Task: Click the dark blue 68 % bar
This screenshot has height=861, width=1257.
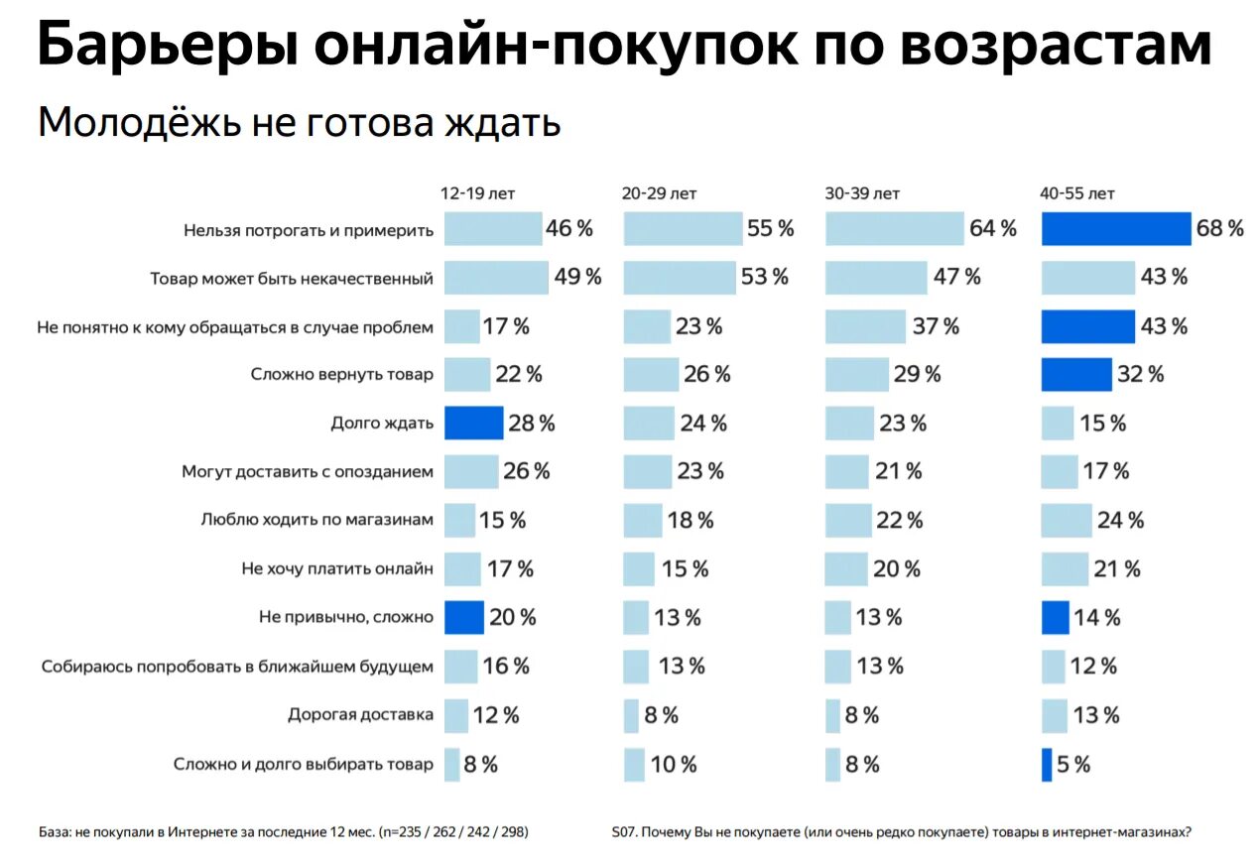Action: click(x=1115, y=229)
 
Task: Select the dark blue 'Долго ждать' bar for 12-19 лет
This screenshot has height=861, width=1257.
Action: click(x=473, y=424)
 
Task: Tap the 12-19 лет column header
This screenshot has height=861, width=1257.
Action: click(x=478, y=193)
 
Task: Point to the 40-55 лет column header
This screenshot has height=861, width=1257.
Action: click(x=1078, y=193)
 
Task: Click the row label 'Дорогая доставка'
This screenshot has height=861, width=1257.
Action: click(x=360, y=714)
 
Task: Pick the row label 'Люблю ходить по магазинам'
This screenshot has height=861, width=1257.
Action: click(x=316, y=519)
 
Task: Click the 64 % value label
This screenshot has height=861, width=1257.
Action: click(x=993, y=229)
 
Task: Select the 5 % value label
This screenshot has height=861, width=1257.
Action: click(x=1073, y=764)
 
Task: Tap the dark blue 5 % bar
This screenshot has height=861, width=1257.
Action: click(x=1047, y=764)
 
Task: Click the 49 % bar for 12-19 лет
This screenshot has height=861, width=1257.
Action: click(x=496, y=278)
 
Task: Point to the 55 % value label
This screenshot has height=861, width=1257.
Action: click(x=771, y=229)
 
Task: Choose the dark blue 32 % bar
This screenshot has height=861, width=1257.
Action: click(x=1076, y=375)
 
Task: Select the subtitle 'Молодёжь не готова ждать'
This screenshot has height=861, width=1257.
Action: click(x=299, y=124)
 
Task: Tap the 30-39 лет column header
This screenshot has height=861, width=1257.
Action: click(x=862, y=193)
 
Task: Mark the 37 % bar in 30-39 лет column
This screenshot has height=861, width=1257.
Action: click(x=865, y=326)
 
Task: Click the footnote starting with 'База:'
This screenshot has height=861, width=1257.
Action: click(x=283, y=832)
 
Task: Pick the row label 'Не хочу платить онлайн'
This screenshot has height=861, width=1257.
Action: click(x=337, y=568)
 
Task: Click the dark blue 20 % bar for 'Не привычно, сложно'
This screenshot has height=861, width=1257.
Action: click(x=463, y=617)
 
